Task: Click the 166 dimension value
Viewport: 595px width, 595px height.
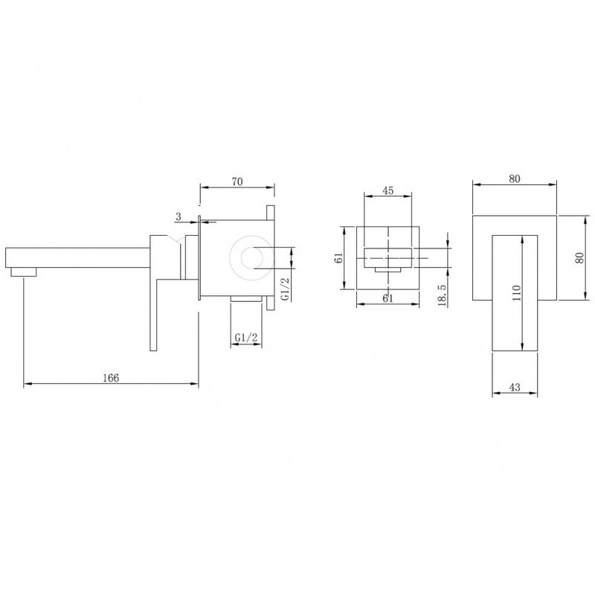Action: tap(111, 378)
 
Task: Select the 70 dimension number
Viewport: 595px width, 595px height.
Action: tap(237, 181)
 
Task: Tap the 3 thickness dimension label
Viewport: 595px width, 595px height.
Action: tap(178, 216)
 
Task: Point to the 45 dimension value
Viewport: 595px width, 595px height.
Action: tap(387, 190)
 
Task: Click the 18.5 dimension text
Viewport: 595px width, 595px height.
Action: tap(442, 295)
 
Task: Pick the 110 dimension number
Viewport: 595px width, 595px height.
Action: tap(516, 293)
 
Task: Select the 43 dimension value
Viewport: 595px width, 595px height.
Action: tap(515, 387)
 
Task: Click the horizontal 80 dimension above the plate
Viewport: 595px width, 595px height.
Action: tap(515, 178)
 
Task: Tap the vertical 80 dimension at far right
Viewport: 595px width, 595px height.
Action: tap(579, 258)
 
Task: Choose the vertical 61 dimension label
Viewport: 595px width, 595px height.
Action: tap(340, 257)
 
